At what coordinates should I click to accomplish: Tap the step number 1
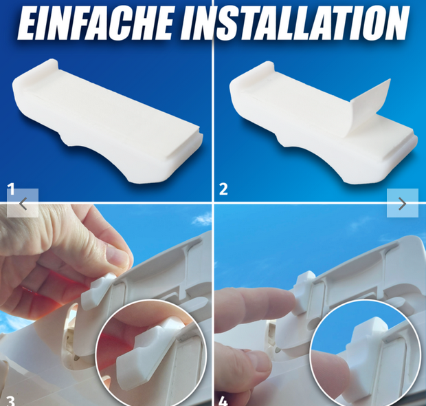11,189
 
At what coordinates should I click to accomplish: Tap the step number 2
223,189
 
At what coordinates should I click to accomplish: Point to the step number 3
10,400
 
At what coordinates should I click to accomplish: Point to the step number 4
223,400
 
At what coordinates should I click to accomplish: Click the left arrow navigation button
23,203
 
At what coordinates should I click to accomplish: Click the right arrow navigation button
403,203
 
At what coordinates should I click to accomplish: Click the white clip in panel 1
107,122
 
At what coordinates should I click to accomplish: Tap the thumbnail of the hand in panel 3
117,255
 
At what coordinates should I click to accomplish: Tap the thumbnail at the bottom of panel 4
257,365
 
